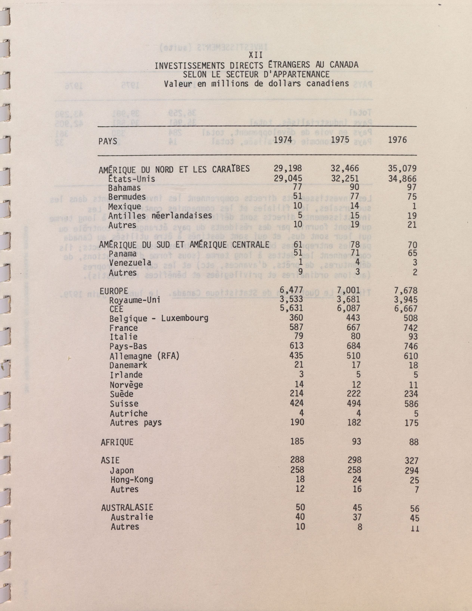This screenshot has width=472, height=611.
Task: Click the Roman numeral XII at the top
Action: point(256,55)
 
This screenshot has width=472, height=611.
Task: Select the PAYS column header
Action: point(108,142)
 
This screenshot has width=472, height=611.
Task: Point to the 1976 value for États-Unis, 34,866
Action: point(402,178)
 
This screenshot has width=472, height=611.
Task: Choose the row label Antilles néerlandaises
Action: point(160,216)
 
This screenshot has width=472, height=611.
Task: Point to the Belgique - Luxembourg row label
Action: point(159,318)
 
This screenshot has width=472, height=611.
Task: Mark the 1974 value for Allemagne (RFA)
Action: point(296,355)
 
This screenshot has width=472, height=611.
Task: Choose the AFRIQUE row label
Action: point(117,442)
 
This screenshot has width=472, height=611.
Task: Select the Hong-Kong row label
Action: point(132,480)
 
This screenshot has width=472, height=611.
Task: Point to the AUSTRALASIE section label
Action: point(127,507)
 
